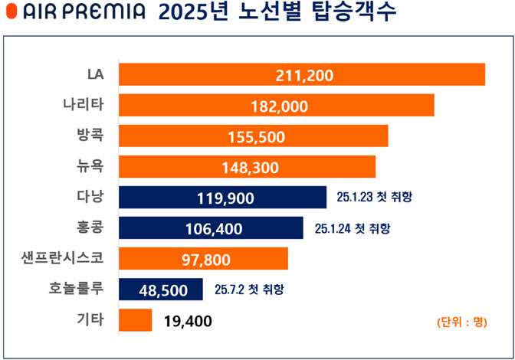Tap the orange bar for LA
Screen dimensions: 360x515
(x=399, y=74)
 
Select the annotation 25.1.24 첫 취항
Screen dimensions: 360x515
(x=353, y=228)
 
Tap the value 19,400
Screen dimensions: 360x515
(x=188, y=321)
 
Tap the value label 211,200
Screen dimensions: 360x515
(x=303, y=75)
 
